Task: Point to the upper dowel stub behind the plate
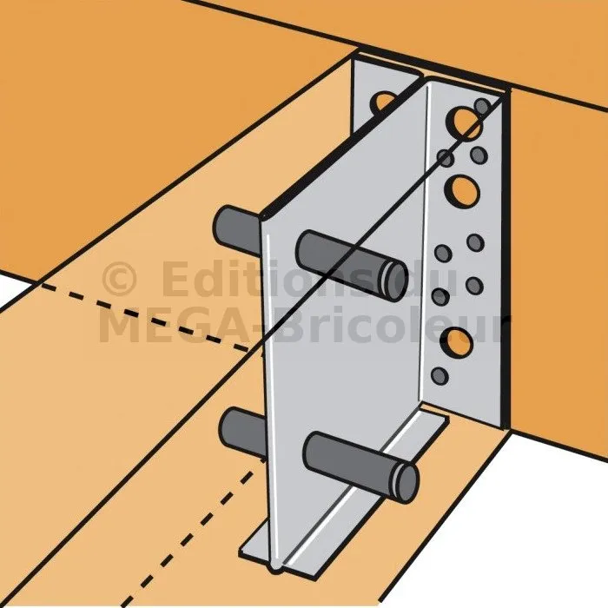[x=237, y=230]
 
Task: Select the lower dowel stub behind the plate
[x=242, y=432]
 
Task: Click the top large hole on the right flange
[x=464, y=122]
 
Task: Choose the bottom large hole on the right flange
[x=457, y=343]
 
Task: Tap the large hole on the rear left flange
[x=383, y=102]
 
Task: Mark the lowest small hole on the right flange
[x=439, y=375]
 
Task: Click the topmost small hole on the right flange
[x=482, y=106]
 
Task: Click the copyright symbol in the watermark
[x=120, y=278]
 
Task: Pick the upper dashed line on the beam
[x=144, y=316]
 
